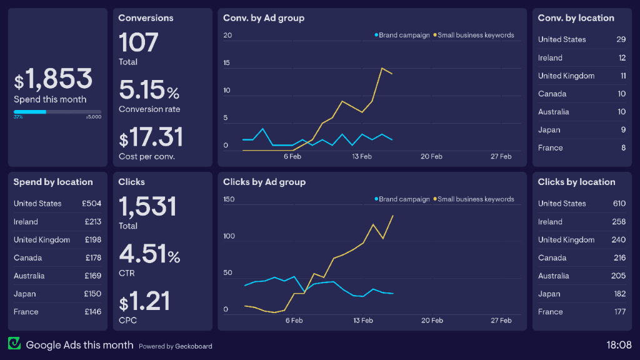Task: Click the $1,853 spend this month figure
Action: pyautogui.click(x=54, y=79)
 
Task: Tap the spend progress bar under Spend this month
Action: pyautogui.click(x=57, y=112)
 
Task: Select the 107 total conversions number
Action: pyautogui.click(x=139, y=42)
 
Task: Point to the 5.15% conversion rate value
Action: pyautogui.click(x=149, y=91)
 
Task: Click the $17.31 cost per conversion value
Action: pyautogui.click(x=151, y=137)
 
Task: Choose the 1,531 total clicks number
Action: pyautogui.click(x=147, y=206)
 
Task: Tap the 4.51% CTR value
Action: pyautogui.click(x=149, y=254)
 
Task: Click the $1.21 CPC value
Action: pyautogui.click(x=145, y=302)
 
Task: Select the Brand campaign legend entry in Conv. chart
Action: pyautogui.click(x=402, y=35)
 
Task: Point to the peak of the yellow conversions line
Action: pyautogui.click(x=382, y=68)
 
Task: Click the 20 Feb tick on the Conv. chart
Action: pyautogui.click(x=431, y=157)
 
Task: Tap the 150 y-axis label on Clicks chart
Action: pyautogui.click(x=229, y=199)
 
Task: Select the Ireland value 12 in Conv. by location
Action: pyautogui.click(x=622, y=57)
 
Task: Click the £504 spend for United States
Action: pyautogui.click(x=91, y=203)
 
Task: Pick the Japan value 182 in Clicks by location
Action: pyautogui.click(x=619, y=294)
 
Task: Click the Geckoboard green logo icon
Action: pyautogui.click(x=14, y=344)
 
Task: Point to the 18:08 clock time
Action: pyautogui.click(x=619, y=344)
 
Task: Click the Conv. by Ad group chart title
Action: pyautogui.click(x=264, y=18)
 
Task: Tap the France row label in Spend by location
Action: pyautogui.click(x=26, y=312)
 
